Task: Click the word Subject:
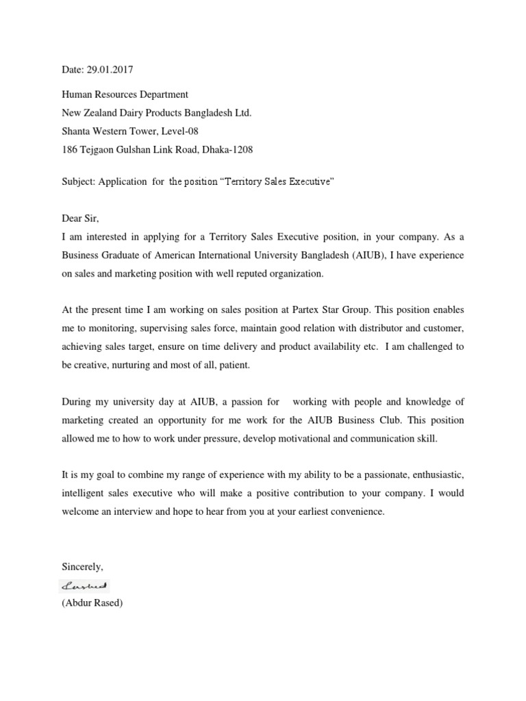click(x=78, y=181)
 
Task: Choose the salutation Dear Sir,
click(x=80, y=219)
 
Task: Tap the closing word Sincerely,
click(x=82, y=567)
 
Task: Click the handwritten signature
click(x=86, y=585)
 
